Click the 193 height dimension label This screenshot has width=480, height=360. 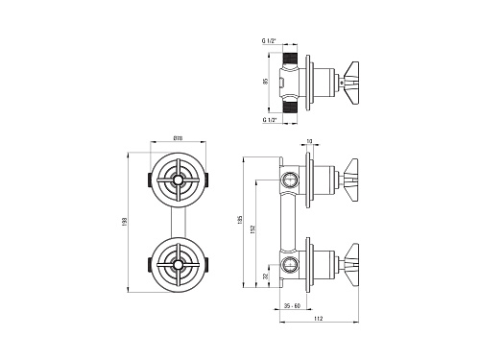(x=125, y=223)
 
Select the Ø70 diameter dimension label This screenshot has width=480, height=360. (x=178, y=138)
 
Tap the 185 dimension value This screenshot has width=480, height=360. (x=241, y=220)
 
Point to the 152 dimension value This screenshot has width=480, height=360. (x=252, y=228)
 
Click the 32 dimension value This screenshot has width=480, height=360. (x=265, y=276)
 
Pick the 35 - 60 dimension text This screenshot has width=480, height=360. (x=292, y=306)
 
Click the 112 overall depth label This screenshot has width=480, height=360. (x=319, y=319)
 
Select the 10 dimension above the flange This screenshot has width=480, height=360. (x=309, y=141)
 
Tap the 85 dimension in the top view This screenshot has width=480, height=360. (x=265, y=82)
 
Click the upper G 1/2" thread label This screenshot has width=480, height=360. (x=269, y=41)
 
